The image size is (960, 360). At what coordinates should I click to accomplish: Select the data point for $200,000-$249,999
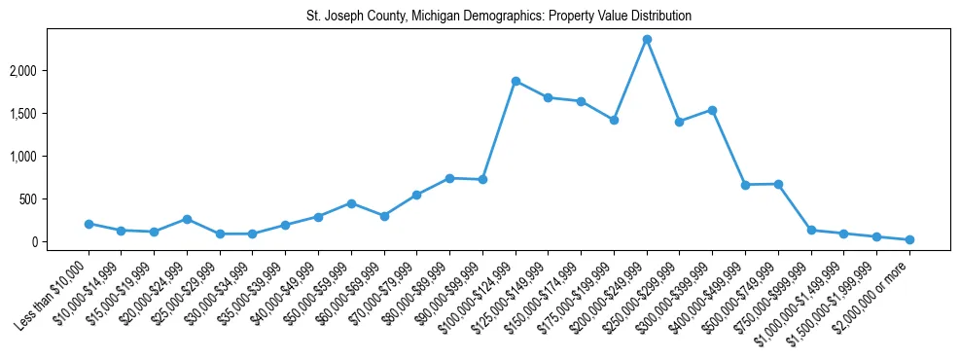(647, 40)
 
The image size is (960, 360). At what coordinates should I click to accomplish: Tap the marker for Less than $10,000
(89, 224)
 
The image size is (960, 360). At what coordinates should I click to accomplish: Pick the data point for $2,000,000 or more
(909, 239)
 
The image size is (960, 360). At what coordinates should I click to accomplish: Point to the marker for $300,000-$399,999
(712, 110)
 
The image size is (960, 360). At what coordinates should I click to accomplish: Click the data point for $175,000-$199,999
(614, 120)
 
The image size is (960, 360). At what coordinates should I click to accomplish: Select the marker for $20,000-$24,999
(187, 219)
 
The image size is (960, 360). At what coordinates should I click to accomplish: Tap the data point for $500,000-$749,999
(778, 184)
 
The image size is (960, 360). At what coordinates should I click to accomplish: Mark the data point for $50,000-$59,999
(351, 203)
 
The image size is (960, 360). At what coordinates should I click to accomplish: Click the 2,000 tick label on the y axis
(49, 71)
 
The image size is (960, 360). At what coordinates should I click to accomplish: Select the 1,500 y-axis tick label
(49, 114)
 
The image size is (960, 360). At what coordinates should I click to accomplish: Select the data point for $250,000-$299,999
(680, 122)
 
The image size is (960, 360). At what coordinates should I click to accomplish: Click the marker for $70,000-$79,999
(416, 195)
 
